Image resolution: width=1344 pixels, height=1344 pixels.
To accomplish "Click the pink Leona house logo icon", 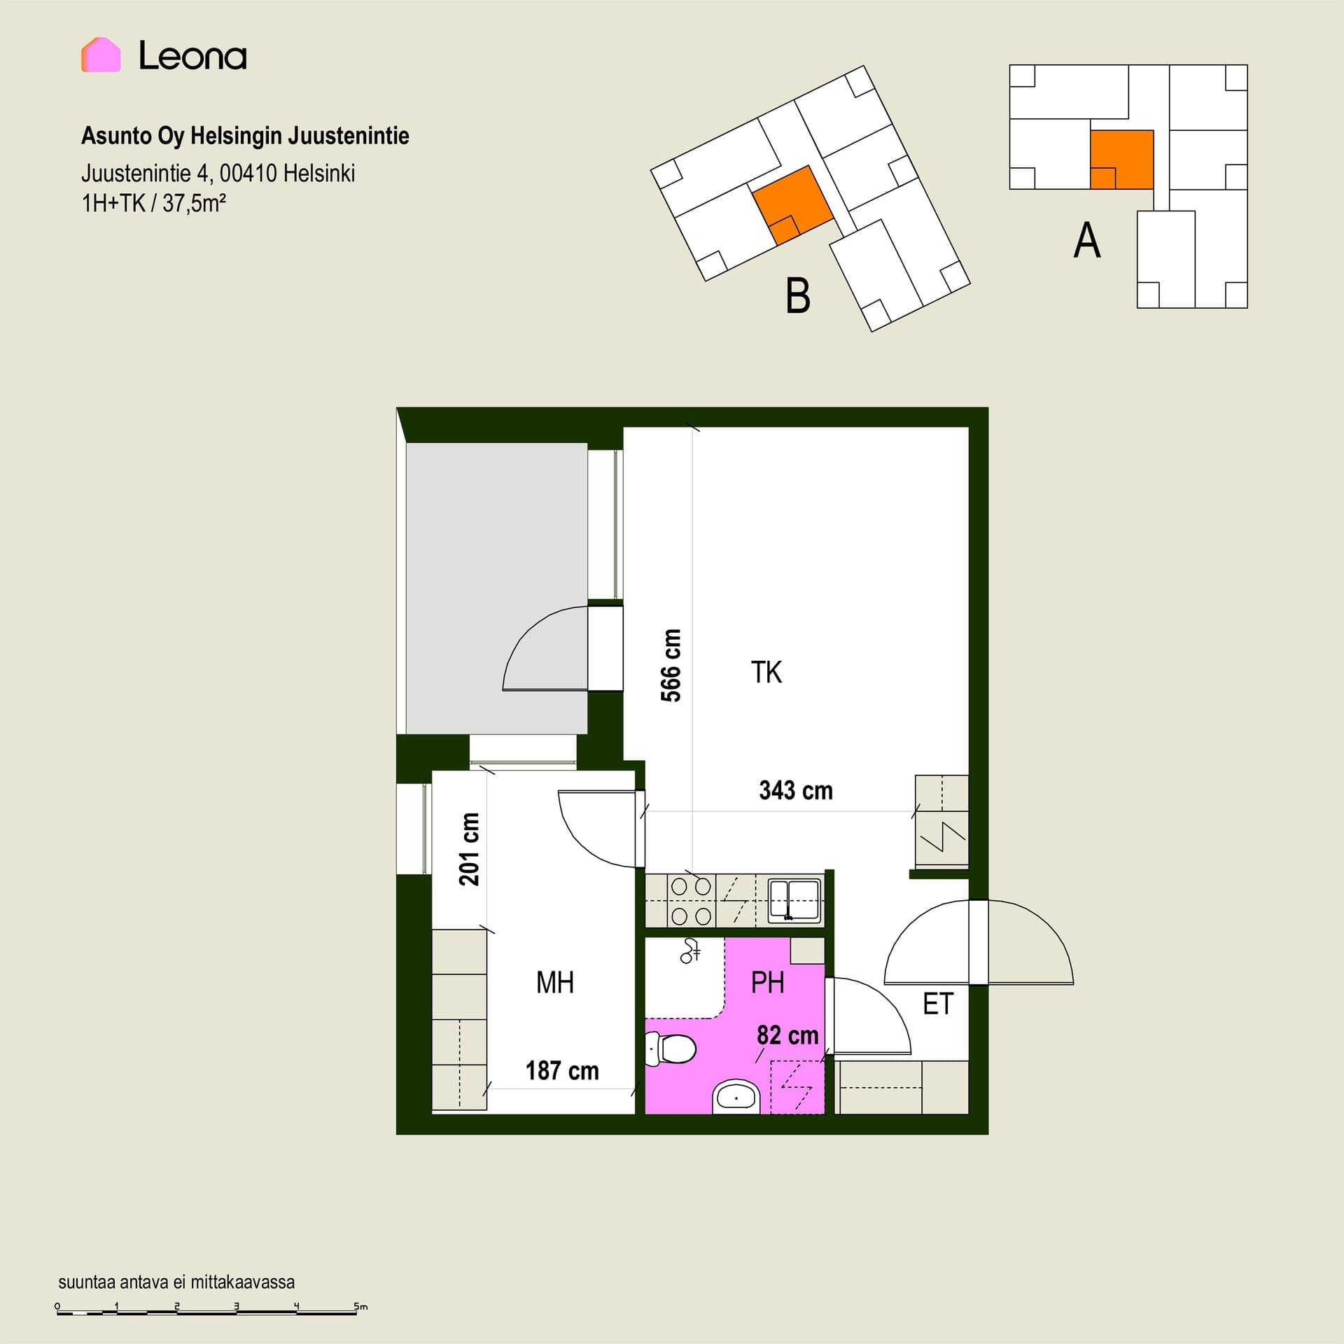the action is tap(101, 55).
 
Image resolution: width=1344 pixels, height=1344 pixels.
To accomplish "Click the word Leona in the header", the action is tap(192, 56).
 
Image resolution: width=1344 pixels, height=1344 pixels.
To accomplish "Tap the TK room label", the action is tap(766, 672).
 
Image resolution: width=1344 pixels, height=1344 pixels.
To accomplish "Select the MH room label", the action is tap(555, 983).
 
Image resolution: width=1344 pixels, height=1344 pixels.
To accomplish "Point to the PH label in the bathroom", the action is tap(767, 983).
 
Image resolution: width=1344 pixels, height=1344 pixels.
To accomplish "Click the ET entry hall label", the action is tap(938, 1004).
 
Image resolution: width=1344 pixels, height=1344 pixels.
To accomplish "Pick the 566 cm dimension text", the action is tap(671, 665).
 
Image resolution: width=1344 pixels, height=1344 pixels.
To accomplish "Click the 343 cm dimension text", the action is tap(796, 790).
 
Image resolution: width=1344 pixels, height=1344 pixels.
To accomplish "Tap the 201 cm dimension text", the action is tap(469, 849).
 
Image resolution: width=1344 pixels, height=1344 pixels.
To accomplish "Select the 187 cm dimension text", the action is tap(562, 1070).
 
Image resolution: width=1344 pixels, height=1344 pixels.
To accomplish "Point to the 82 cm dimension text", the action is tap(787, 1035).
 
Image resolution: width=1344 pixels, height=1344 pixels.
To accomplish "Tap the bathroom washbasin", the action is tap(736, 1097).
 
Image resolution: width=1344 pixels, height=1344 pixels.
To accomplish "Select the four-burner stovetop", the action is tap(691, 901).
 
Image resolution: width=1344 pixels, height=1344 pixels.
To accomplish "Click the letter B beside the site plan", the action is tap(798, 295).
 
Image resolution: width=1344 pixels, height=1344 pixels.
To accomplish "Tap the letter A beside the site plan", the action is tap(1087, 241).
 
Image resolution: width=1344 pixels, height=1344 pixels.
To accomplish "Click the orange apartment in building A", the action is tap(1122, 160).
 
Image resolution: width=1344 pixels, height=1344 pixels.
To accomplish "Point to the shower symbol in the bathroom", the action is tap(691, 951).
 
